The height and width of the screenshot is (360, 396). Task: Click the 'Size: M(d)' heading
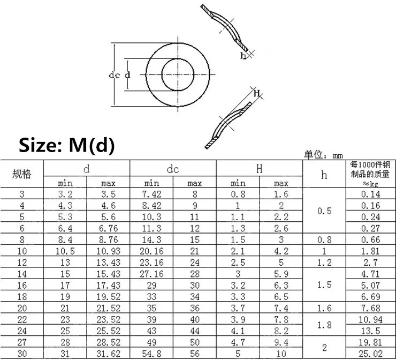click(67, 145)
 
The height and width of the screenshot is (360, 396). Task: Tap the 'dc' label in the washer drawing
click(114, 75)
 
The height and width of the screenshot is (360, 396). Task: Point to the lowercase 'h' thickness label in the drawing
click(243, 55)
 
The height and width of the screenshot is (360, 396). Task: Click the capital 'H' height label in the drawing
click(257, 94)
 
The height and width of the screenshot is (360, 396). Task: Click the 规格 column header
click(22, 174)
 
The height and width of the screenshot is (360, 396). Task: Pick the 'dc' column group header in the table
click(173, 169)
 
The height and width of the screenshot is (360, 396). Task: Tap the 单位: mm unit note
click(323, 155)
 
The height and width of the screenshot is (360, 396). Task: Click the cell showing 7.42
click(151, 194)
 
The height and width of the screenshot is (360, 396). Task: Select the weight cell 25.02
click(370, 354)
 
